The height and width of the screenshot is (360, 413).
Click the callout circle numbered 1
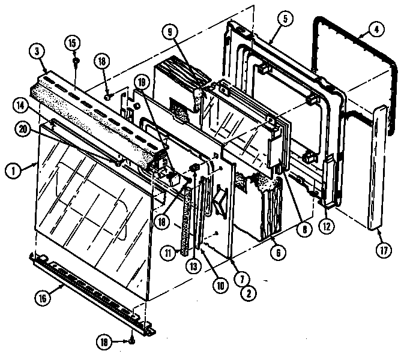point(11,170)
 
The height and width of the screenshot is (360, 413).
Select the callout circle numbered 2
point(245,294)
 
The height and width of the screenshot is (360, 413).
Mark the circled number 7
point(243,278)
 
